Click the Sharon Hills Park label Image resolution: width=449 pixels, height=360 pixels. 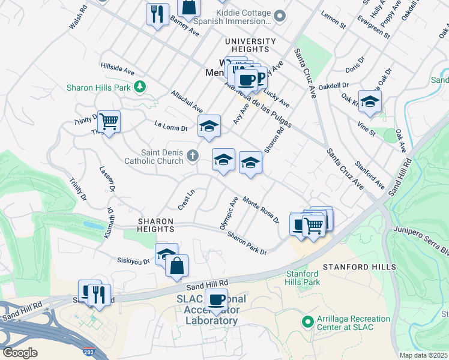tap(98, 88)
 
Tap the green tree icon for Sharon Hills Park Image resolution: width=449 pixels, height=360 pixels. tap(140, 88)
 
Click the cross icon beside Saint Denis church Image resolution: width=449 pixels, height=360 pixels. tap(192, 157)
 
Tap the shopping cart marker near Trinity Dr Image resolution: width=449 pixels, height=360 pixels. tap(109, 122)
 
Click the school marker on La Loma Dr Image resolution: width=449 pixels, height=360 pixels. tap(209, 127)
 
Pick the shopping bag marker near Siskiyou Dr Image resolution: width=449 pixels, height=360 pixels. tap(176, 265)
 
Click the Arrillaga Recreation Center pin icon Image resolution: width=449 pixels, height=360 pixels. tap(308, 322)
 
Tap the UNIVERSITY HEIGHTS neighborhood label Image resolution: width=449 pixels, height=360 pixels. tap(250, 41)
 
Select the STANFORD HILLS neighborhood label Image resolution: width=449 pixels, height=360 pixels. tap(359, 266)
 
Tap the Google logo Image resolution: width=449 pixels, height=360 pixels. tap(20, 352)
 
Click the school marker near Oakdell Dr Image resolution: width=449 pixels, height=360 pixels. tap(370, 101)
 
